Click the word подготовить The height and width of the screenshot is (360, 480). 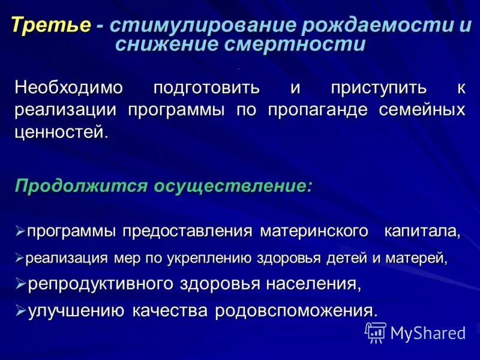coord(206,88)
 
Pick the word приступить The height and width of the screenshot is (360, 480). coord(378,88)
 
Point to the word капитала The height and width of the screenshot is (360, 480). coord(422,231)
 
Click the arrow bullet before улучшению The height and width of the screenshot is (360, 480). coord(20,310)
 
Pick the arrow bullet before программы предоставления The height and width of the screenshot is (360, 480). coord(20,231)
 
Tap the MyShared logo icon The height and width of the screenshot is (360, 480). coord(376,331)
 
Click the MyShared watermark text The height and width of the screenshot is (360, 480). coord(428,332)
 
